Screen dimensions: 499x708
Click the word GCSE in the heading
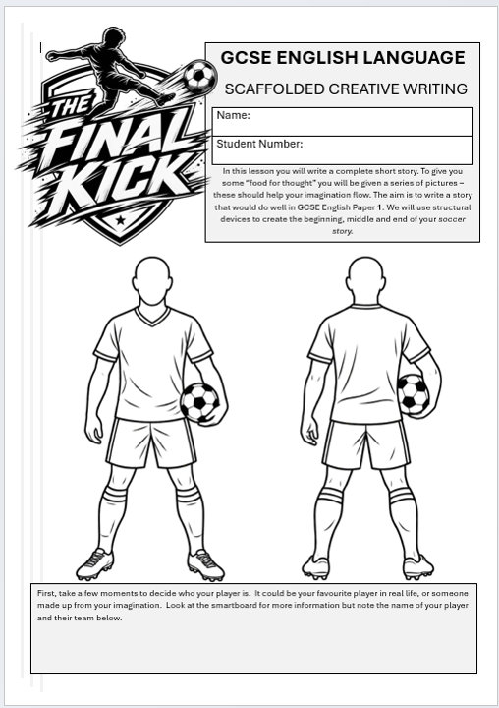coord(246,58)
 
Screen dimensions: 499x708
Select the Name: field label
coord(233,115)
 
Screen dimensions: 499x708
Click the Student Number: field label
coord(259,144)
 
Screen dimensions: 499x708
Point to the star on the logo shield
coord(121,220)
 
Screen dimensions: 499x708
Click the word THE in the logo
coord(70,107)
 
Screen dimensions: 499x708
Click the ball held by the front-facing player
coord(199,402)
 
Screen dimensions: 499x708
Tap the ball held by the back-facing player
coord(413,394)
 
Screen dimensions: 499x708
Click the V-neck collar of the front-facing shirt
coord(152,316)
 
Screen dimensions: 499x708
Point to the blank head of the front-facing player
coord(152,281)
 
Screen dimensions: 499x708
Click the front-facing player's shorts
coord(151,443)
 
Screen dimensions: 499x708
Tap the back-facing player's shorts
coord(366,445)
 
